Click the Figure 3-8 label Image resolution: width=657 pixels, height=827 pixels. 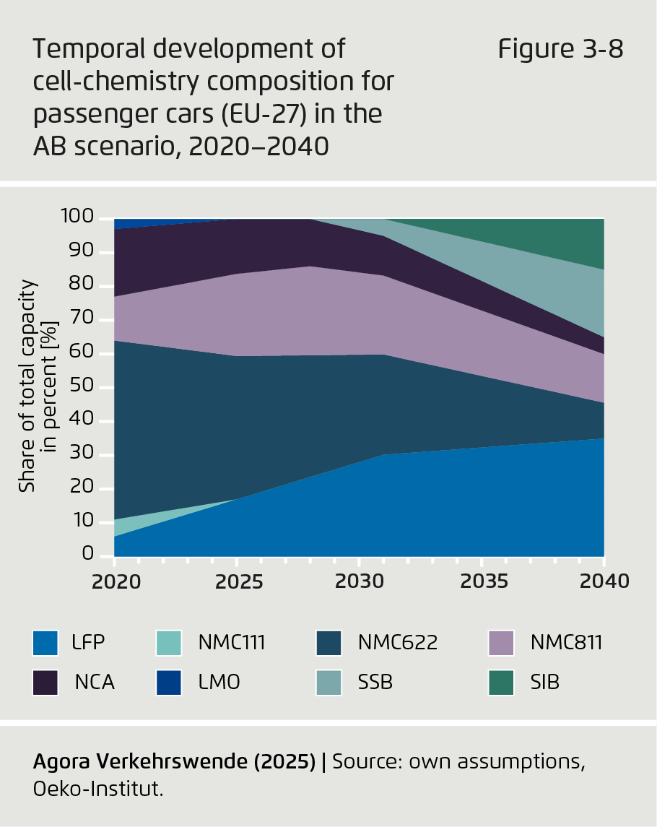[560, 51]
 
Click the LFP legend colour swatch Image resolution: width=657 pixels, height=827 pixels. [45, 642]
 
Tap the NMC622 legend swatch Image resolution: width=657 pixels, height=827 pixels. [330, 642]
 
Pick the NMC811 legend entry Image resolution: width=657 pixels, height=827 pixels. [500, 642]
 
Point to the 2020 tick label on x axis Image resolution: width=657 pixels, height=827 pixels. [114, 581]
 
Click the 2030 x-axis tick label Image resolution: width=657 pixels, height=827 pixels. [359, 581]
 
